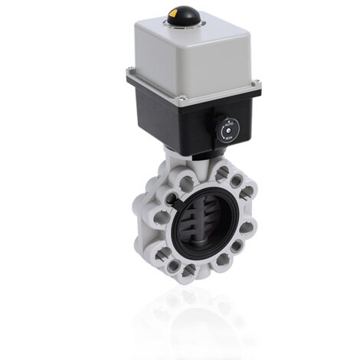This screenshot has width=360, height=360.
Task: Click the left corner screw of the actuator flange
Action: click(131, 74)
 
